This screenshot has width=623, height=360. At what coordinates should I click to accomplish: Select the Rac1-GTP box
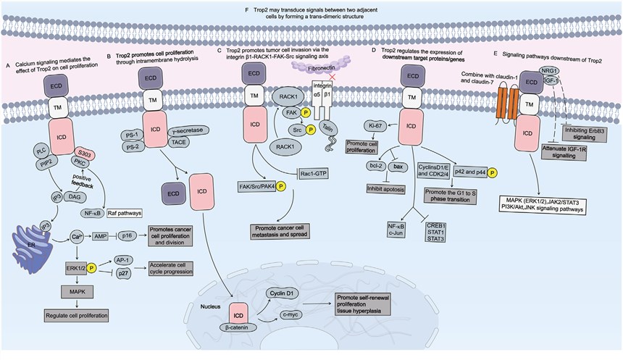(314, 171)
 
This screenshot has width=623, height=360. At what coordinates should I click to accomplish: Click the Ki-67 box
(377, 125)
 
